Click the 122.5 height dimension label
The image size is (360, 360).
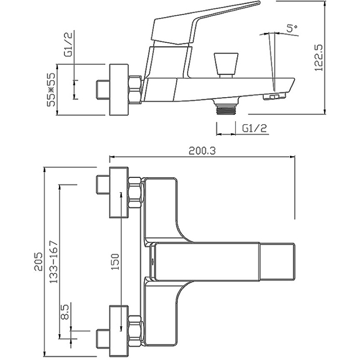click(319, 57)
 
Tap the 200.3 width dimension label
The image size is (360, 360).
click(202, 151)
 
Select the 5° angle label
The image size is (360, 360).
click(292, 28)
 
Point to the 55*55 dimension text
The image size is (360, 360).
click(51, 90)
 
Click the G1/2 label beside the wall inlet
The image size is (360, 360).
click(68, 45)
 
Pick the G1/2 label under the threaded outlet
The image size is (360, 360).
click(255, 128)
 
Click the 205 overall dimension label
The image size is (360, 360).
click(38, 261)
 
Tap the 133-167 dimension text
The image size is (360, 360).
click(54, 261)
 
